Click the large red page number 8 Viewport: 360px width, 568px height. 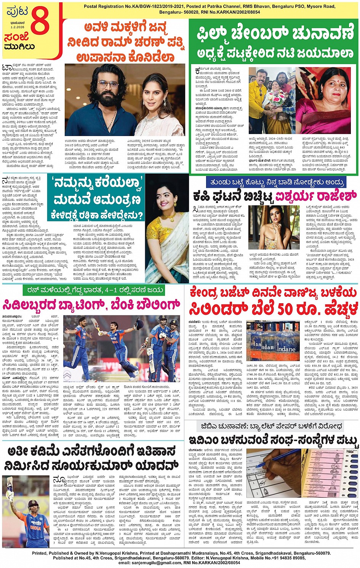(x=40, y=21)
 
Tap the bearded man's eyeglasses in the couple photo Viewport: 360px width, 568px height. (x=108, y=84)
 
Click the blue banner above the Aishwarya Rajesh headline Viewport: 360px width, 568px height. (x=275, y=182)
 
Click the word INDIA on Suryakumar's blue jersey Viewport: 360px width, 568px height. (x=36, y=528)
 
